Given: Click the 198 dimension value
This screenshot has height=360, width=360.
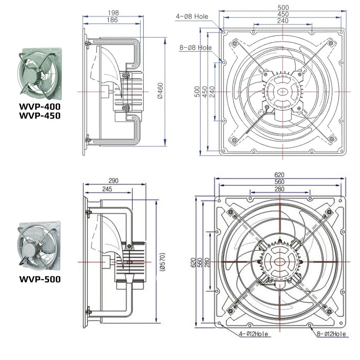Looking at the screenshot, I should tap(113, 13).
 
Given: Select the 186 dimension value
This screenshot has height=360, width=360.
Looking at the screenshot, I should tap(112, 20).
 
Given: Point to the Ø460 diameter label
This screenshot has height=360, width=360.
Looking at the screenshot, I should tap(160, 91).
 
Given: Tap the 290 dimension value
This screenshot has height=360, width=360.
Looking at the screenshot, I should tap(113, 181).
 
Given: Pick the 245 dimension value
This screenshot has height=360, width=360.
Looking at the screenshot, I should tap(107, 189).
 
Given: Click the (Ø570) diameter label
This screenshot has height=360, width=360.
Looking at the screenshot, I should tap(162, 262).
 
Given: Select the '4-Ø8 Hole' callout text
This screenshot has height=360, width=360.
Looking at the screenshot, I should tap(192, 16).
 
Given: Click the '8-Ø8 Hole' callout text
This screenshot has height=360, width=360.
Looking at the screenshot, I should tap(195, 47).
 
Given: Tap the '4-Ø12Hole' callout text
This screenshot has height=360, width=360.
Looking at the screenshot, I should tap(253, 334).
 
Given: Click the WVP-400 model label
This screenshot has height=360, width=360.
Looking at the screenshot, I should tap(40, 106).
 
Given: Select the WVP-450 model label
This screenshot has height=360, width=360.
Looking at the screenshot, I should tap(40, 115).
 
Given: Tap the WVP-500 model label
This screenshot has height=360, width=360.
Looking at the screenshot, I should tap(40, 279).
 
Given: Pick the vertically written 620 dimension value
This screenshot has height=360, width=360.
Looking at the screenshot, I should tap(193, 262).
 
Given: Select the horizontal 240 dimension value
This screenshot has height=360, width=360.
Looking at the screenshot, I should tap(282, 21).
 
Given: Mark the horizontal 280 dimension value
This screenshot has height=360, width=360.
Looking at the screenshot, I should tap(279, 189).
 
